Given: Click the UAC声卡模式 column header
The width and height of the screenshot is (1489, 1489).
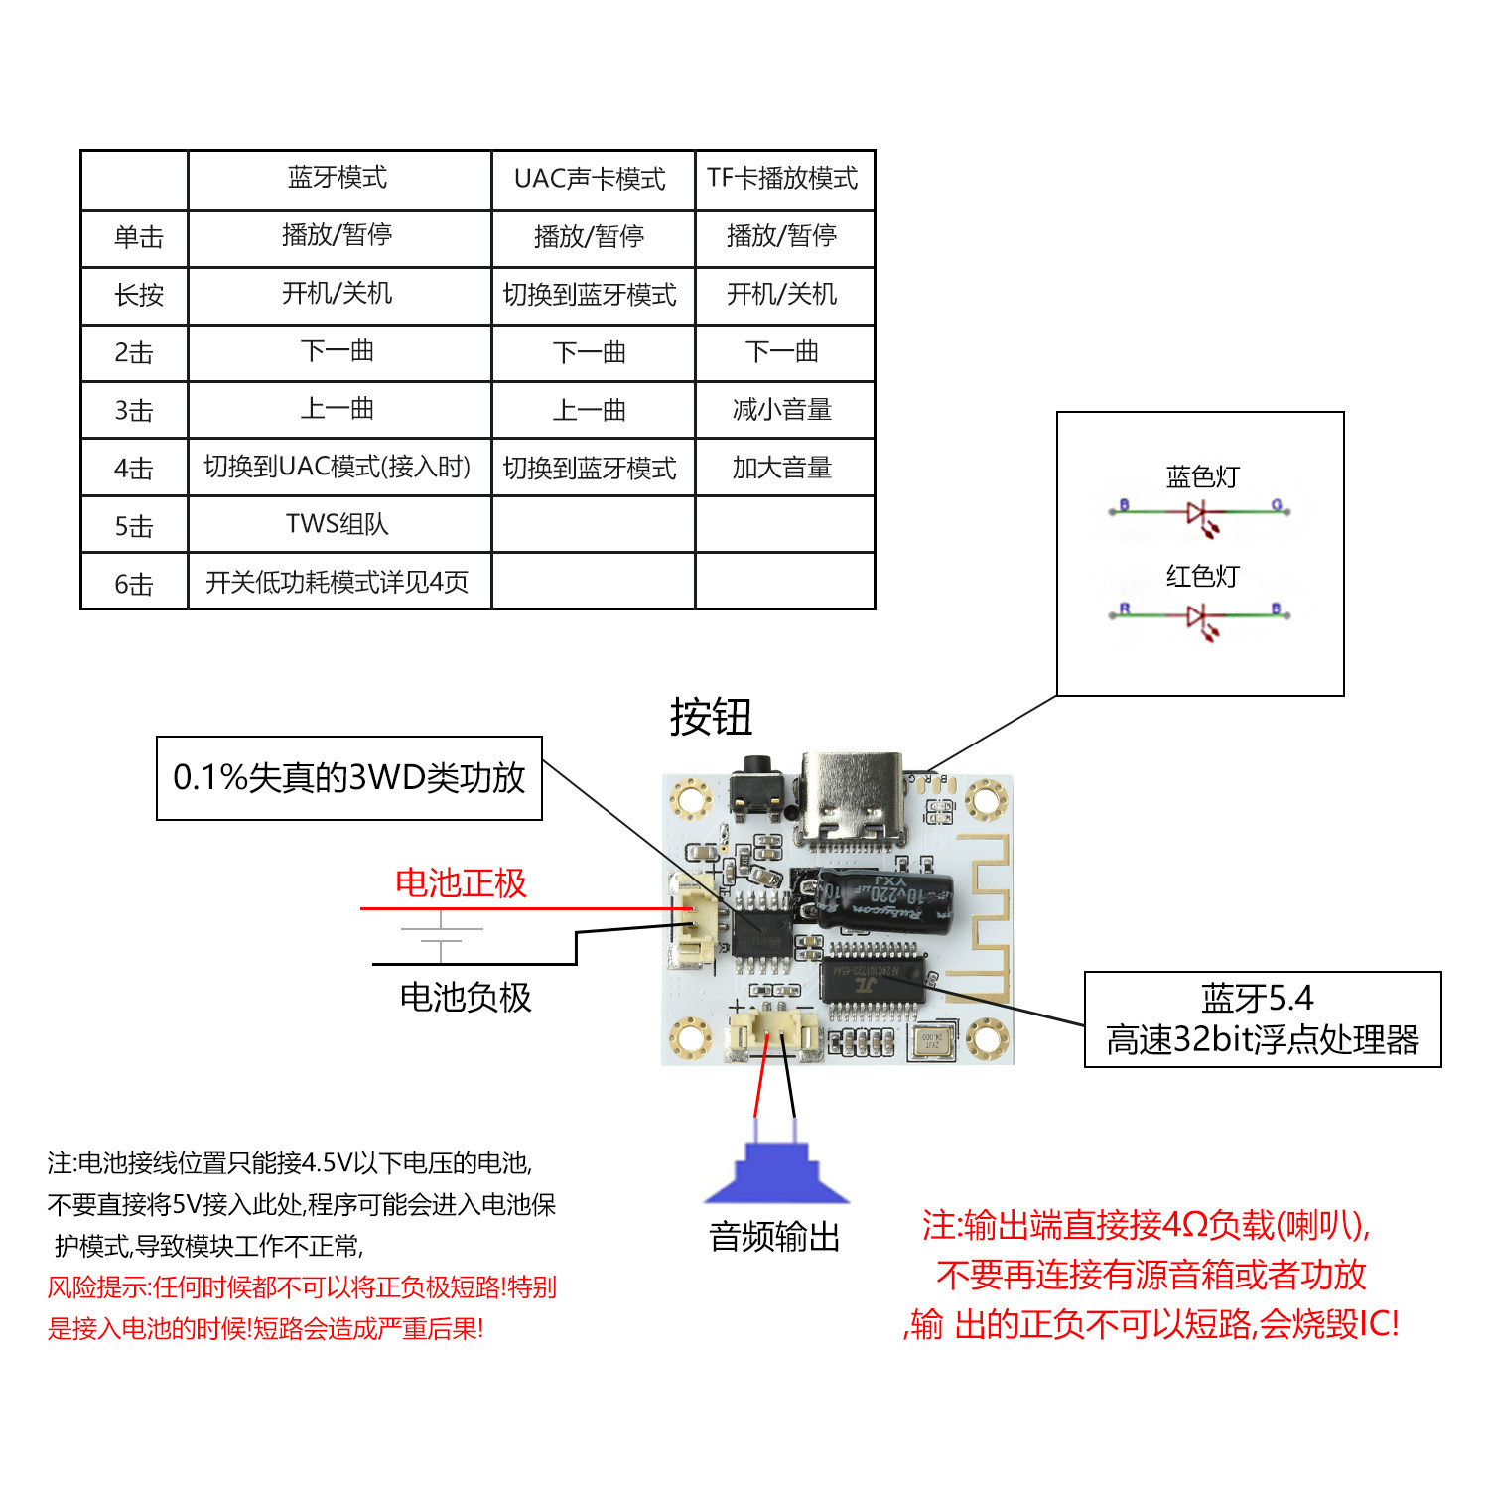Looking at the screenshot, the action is [590, 179].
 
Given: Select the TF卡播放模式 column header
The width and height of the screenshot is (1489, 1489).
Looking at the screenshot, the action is [782, 178].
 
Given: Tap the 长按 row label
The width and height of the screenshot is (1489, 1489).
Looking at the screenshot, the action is [139, 295].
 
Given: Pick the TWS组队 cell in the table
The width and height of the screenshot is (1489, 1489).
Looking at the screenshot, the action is [338, 524].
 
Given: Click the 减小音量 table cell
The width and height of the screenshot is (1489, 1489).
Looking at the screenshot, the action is [782, 410].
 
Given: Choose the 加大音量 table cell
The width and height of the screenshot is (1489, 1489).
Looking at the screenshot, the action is [782, 468].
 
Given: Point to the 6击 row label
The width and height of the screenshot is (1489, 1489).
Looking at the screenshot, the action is [134, 584].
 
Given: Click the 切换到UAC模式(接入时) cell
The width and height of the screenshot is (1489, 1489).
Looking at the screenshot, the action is [338, 467].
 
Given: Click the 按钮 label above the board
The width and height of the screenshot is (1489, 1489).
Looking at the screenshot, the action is [711, 717].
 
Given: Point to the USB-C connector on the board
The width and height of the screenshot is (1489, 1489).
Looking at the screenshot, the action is [853, 799].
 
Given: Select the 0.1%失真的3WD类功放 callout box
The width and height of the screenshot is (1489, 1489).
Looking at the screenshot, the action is [349, 778].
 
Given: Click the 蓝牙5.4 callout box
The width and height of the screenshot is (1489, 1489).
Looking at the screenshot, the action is [1263, 1019].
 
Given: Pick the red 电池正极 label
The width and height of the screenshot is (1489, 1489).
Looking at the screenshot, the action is [461, 883].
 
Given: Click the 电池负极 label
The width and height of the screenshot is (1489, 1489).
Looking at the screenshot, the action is [466, 997].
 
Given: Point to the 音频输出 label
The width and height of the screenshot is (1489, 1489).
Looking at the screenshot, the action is [775, 1237].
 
